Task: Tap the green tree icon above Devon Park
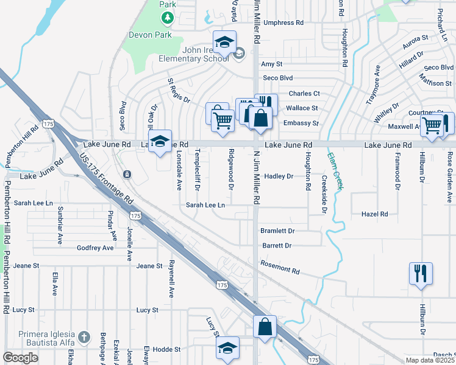click(x=168, y=18)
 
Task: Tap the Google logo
click(x=20, y=358)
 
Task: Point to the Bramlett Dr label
click(x=277, y=231)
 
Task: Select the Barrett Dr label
click(x=277, y=246)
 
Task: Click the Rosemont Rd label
click(x=280, y=267)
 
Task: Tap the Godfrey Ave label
click(x=95, y=248)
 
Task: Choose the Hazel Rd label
click(x=374, y=214)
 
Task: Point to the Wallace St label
click(x=302, y=108)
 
